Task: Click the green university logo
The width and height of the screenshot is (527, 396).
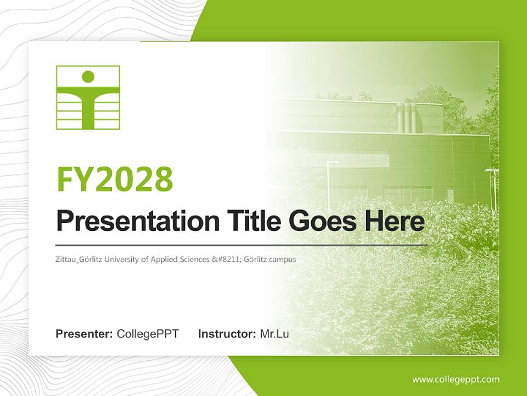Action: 88,97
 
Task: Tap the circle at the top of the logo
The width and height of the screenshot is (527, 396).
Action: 88,76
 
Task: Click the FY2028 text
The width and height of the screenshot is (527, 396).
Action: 115,179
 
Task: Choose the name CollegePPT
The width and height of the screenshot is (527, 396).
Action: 148,334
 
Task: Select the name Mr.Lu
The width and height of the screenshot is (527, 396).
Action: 274,334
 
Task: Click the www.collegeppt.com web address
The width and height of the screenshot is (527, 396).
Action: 456,380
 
